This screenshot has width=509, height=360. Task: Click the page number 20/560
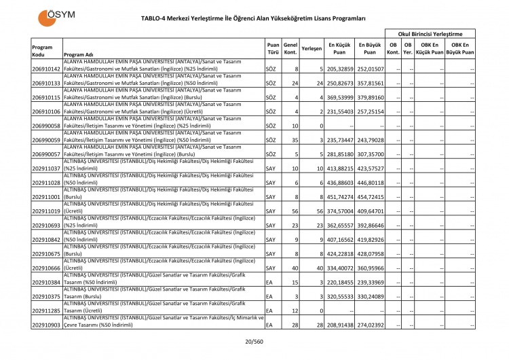tap(254, 341)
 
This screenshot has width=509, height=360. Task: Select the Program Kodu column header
tap(42, 50)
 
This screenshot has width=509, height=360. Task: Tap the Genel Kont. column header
tap(290, 48)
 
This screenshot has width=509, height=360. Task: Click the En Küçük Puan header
tap(339, 48)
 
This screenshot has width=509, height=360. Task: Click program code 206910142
tap(46, 69)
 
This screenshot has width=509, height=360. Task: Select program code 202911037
tap(46, 168)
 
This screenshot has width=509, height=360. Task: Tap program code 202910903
tap(46, 325)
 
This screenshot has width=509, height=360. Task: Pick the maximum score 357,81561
tap(371, 83)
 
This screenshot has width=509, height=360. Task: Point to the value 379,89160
tap(371, 97)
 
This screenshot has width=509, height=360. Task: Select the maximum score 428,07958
tap(371, 254)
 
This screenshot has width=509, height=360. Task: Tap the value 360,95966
tap(371, 268)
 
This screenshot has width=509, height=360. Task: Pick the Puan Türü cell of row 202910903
tap(269, 325)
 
